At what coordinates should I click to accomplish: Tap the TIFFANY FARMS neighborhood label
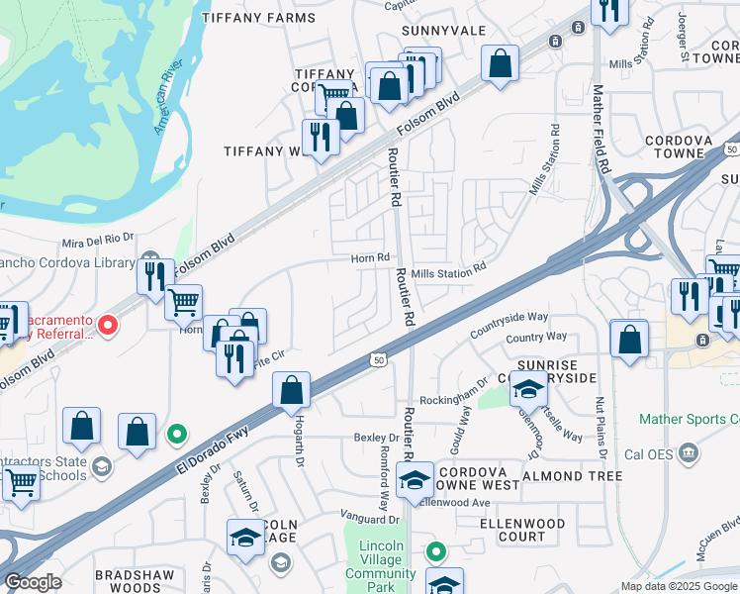click(258, 17)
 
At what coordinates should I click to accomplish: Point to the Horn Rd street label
click(369, 258)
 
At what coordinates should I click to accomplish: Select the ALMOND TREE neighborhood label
click(578, 476)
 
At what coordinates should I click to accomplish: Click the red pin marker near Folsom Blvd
click(109, 323)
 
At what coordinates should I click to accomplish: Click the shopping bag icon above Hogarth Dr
click(292, 391)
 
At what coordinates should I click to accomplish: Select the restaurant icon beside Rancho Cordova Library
click(154, 274)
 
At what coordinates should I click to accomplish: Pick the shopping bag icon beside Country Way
click(629, 340)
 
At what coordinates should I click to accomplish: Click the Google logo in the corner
click(34, 582)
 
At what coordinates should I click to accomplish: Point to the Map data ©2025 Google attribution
click(678, 586)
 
